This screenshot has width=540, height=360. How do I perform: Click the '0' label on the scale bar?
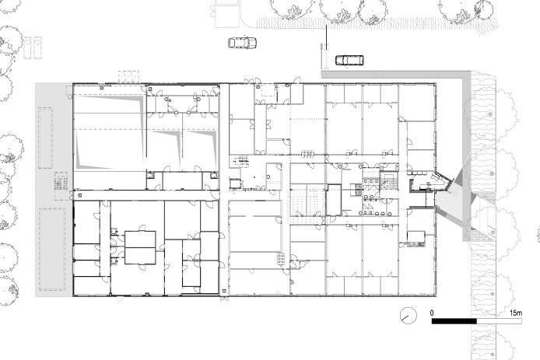point(432,313)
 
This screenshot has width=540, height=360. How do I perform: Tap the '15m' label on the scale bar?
point(516,313)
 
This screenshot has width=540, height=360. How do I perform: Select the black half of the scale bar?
point(454,321)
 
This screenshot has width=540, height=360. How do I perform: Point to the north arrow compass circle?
point(408,316)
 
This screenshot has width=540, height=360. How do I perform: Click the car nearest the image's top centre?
point(243,43)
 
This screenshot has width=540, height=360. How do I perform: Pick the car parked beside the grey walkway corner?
point(349,60)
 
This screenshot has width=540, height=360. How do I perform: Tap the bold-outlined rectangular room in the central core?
point(333,201)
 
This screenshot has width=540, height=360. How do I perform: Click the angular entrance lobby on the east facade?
point(430,182)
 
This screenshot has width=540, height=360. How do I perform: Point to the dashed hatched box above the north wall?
point(129,76)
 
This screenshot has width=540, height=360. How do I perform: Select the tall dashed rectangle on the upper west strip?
point(45,138)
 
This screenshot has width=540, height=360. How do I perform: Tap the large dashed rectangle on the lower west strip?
point(52,249)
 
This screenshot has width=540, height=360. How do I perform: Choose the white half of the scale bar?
point(500,321)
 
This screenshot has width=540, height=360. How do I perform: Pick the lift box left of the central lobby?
point(235,183)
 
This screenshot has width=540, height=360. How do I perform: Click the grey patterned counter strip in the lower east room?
point(416,245)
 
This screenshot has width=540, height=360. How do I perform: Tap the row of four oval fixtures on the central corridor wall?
point(307,153)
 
